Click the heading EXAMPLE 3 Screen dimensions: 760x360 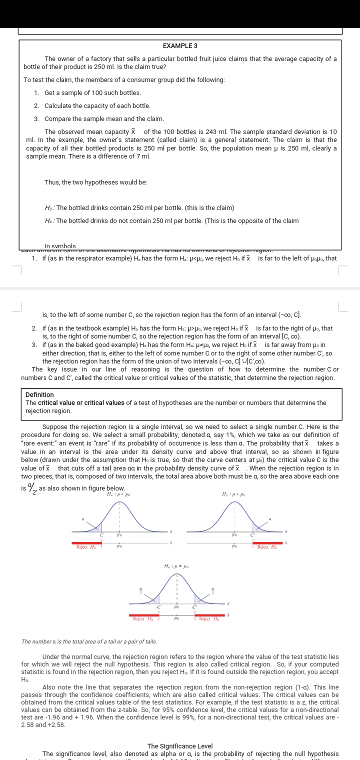pyautogui.click(x=180, y=45)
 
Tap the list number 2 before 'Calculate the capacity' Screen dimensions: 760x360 pyautogui.click(x=36, y=106)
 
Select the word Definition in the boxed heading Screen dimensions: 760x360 pyautogui.click(x=39, y=395)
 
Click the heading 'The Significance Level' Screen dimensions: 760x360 pyautogui.click(x=180, y=746)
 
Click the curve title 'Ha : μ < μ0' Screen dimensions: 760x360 pyautogui.click(x=118, y=494)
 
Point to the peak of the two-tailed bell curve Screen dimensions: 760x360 pyautogui.click(x=176, y=574)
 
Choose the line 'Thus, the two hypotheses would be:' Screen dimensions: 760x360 pyautogui.click(x=95, y=182)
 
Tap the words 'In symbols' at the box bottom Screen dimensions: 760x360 pyautogui.click(x=60, y=246)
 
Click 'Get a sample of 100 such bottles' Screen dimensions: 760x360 pyautogui.click(x=92, y=93)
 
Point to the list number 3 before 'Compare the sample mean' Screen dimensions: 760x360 pyautogui.click(x=36, y=119)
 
